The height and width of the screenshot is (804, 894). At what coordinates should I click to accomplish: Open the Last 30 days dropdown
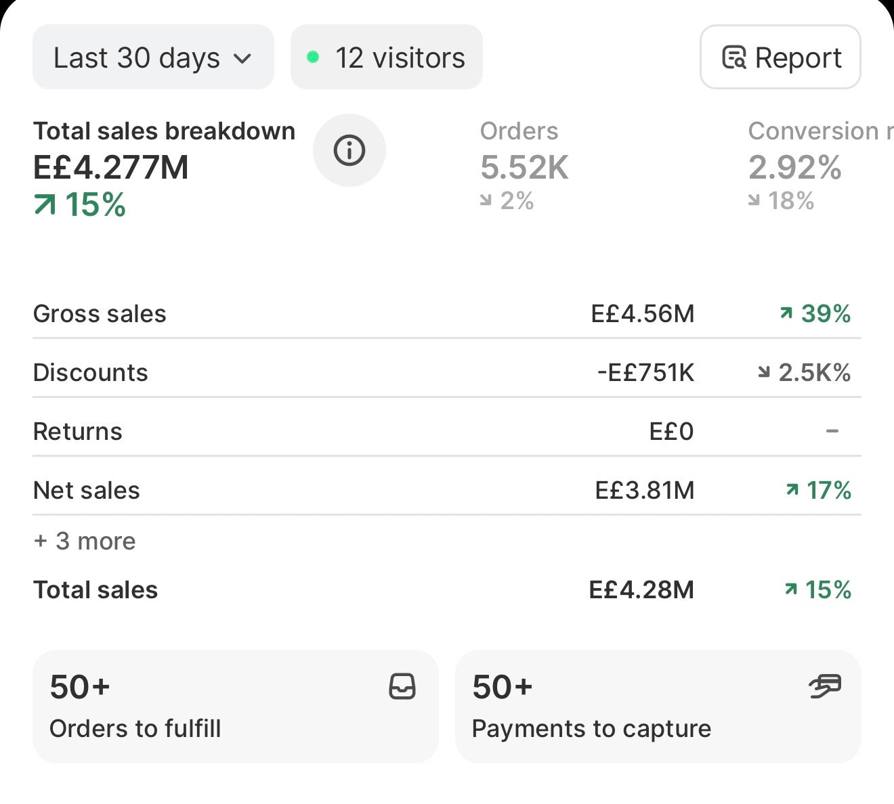tap(153, 57)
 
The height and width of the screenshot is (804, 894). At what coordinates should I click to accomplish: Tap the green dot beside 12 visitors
tap(313, 57)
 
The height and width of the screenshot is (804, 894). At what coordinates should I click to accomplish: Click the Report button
tap(780, 57)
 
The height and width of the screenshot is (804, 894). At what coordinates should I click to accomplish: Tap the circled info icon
tap(349, 150)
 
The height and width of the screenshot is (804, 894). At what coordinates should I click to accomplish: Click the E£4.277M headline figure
tap(111, 167)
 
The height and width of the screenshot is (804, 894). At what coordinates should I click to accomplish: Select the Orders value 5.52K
tap(524, 167)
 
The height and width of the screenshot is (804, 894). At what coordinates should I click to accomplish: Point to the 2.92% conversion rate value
tap(794, 167)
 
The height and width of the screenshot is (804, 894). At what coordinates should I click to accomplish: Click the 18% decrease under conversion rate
tap(782, 200)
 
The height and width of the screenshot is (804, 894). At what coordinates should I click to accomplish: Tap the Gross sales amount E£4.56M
tap(643, 313)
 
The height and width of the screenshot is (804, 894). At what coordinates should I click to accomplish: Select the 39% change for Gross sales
tap(815, 313)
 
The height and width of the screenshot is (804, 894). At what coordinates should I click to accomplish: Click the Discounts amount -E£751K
tap(645, 372)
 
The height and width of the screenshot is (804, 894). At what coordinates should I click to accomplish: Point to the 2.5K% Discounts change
tap(805, 372)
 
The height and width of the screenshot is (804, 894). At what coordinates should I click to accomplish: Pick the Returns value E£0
tap(672, 431)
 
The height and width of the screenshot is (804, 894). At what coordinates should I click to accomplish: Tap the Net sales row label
tap(87, 490)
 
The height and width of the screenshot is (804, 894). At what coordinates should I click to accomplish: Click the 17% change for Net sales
tap(818, 490)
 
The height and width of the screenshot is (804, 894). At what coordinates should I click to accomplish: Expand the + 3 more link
tap(85, 541)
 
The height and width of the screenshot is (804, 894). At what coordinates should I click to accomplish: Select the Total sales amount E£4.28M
tap(642, 589)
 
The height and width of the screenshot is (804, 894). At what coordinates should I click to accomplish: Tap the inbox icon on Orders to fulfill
tap(402, 686)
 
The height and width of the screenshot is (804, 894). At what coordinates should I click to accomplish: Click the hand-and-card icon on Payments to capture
tap(825, 686)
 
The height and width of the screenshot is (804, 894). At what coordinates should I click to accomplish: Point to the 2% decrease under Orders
tap(507, 200)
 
